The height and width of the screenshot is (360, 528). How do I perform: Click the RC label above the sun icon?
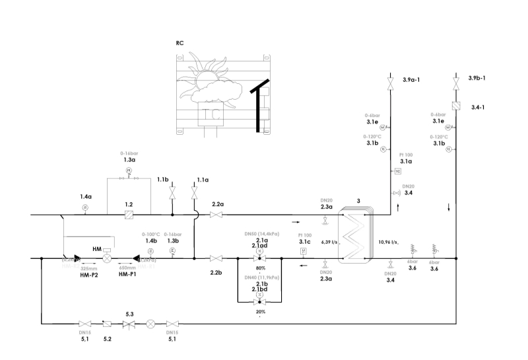[x=180, y=43]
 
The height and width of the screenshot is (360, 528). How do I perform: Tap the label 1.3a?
[x=129, y=160]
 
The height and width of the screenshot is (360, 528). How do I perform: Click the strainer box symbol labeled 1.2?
[x=129, y=215]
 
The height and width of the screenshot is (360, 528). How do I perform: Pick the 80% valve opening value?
[x=260, y=268]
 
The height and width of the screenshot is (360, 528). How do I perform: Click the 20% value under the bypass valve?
[x=260, y=311]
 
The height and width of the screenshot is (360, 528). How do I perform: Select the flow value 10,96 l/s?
[x=388, y=242]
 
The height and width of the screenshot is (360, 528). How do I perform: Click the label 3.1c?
[x=304, y=241]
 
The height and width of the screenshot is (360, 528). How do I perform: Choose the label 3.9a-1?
[x=412, y=79]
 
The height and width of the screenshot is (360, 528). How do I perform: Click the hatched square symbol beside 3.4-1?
[x=455, y=106]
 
